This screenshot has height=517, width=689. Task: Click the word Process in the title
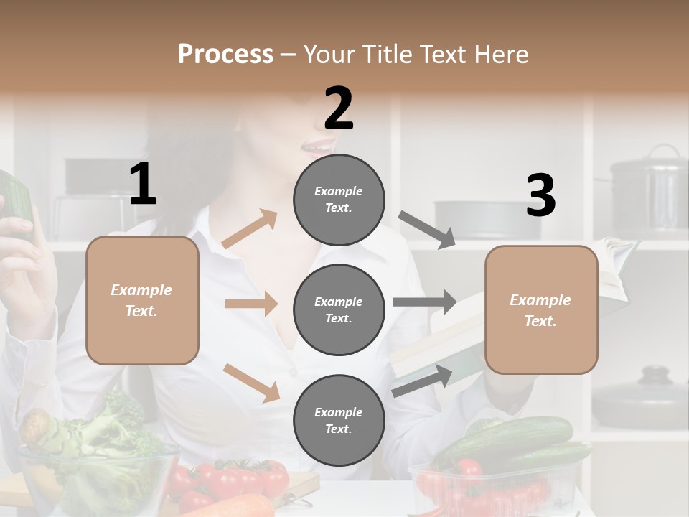coord(225,55)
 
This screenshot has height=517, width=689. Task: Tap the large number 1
coord(143,185)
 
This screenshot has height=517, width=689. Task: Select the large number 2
coord(339,108)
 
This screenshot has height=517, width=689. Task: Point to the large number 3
coord(540,195)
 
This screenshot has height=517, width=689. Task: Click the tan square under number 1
coord(142,300)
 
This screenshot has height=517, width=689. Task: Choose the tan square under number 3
coord(541,309)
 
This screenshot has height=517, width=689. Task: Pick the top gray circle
coord(339,200)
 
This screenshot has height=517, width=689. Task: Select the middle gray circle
coord(339,309)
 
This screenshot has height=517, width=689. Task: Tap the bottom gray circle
coord(339,420)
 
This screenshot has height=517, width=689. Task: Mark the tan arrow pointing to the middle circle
coord(251,304)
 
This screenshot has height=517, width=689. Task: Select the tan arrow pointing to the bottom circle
coord(252,382)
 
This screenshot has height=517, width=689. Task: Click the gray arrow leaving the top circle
coord(428,230)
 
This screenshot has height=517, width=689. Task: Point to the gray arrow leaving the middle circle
coord(425,302)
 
